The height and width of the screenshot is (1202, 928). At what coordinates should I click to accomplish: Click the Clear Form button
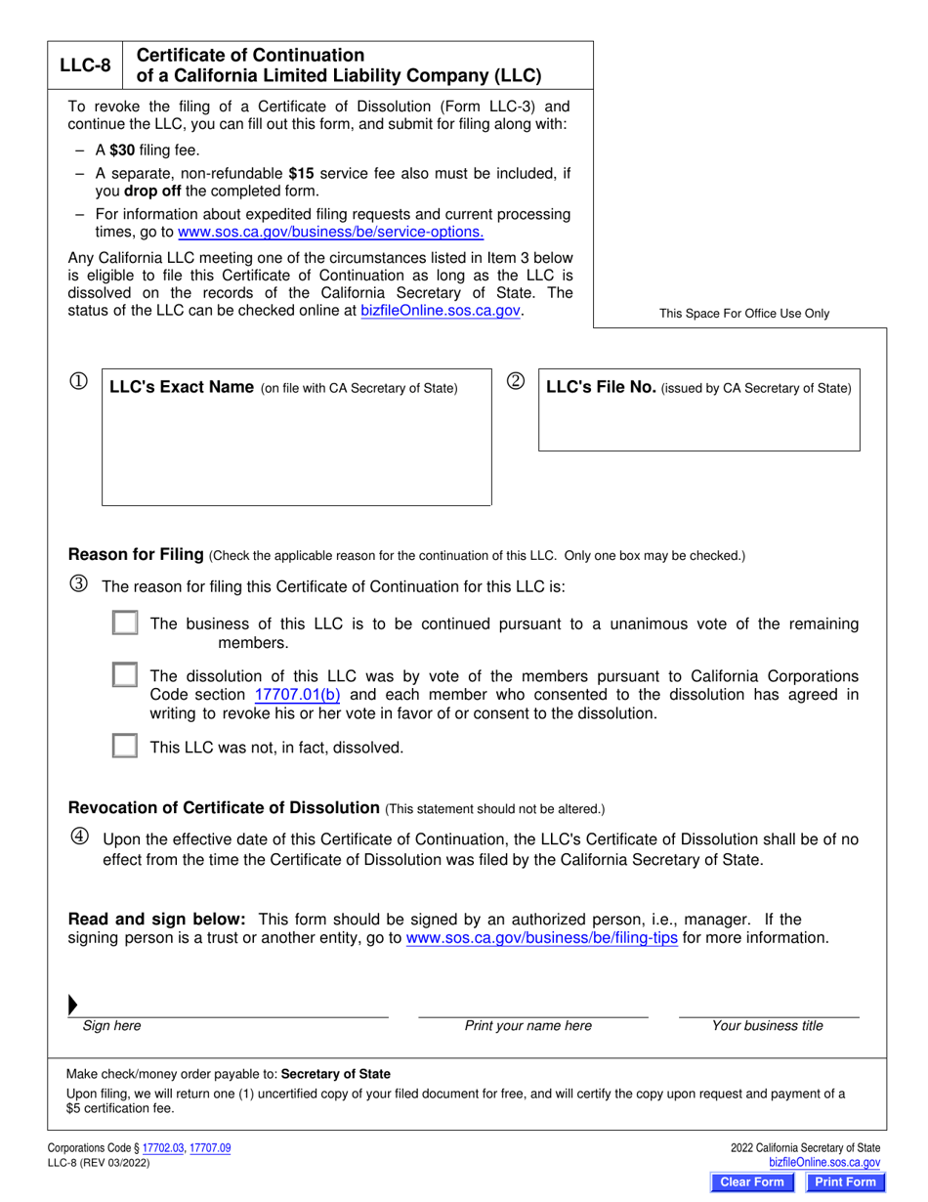751,1182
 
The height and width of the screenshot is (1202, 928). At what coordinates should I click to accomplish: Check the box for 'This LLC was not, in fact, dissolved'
125,747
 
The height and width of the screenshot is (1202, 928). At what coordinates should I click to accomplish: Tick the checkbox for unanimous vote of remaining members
125,623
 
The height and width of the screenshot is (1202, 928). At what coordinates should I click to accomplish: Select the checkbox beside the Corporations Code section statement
125,676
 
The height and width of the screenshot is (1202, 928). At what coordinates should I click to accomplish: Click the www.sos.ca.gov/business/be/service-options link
330,233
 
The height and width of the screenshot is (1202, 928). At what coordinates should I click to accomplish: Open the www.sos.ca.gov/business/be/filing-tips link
541,938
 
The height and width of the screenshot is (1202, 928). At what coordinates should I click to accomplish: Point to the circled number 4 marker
79,837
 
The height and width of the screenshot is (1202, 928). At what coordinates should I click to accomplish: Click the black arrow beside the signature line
73,1006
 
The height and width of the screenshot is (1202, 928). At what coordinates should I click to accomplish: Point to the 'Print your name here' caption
527,1026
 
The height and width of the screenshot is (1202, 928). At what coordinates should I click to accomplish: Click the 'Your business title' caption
767,1026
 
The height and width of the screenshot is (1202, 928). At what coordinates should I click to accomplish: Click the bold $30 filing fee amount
122,150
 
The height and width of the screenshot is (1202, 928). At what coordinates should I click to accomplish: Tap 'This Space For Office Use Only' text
743,314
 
